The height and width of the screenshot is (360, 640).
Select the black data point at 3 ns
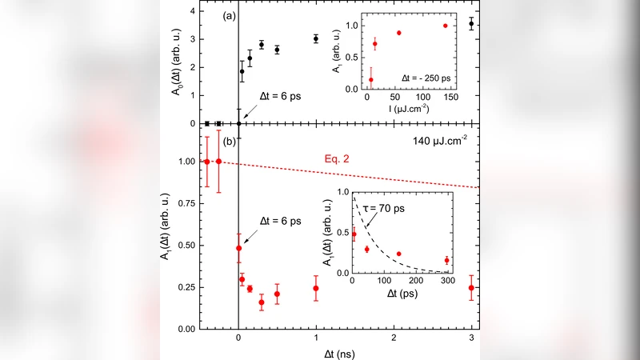point(471,23)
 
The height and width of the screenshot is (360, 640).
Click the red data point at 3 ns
point(471,288)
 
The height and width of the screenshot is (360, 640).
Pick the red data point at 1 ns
point(316,288)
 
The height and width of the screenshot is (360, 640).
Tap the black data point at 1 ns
point(316,38)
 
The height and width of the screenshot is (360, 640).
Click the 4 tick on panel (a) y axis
point(190,11)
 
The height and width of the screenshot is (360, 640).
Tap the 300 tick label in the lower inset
point(446,282)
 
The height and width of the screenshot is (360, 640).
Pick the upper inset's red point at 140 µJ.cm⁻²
point(446,26)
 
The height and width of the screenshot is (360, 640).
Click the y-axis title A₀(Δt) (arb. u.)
point(176,68)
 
